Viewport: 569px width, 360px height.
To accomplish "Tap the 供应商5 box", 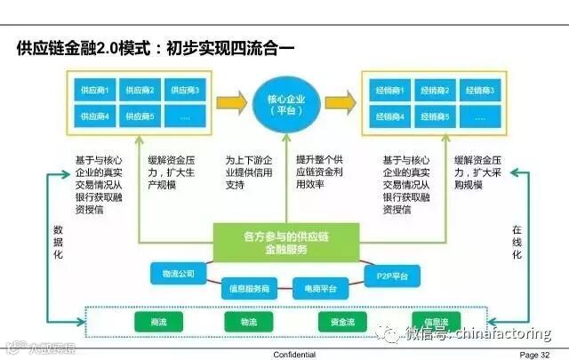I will tap(140, 116).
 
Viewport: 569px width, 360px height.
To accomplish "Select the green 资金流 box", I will tap(348, 321).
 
